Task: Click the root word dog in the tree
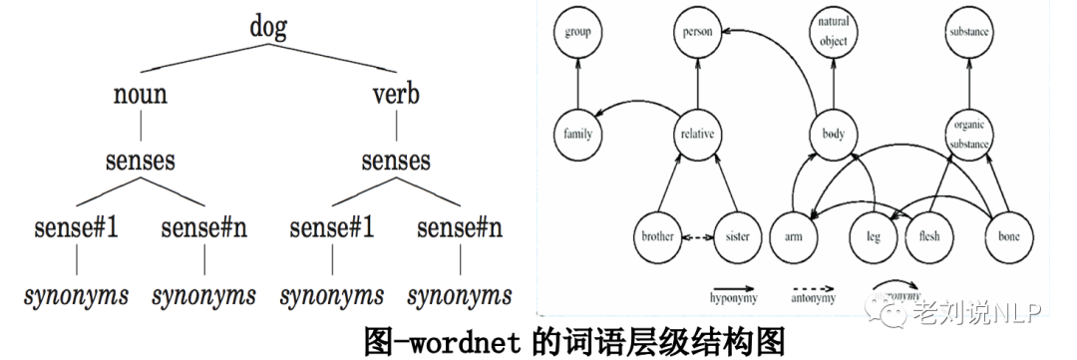(267, 26)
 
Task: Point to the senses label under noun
(140, 161)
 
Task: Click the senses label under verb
(395, 161)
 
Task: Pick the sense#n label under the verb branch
(459, 228)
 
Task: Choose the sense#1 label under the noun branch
(77, 228)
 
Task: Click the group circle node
(578, 33)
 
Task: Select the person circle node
(696, 33)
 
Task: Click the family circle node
(578, 134)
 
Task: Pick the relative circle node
(696, 134)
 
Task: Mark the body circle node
(830, 134)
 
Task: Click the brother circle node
(658, 237)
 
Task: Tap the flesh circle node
(928, 237)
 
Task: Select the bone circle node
(1008, 237)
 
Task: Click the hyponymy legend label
(731, 297)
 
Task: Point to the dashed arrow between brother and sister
(698, 237)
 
